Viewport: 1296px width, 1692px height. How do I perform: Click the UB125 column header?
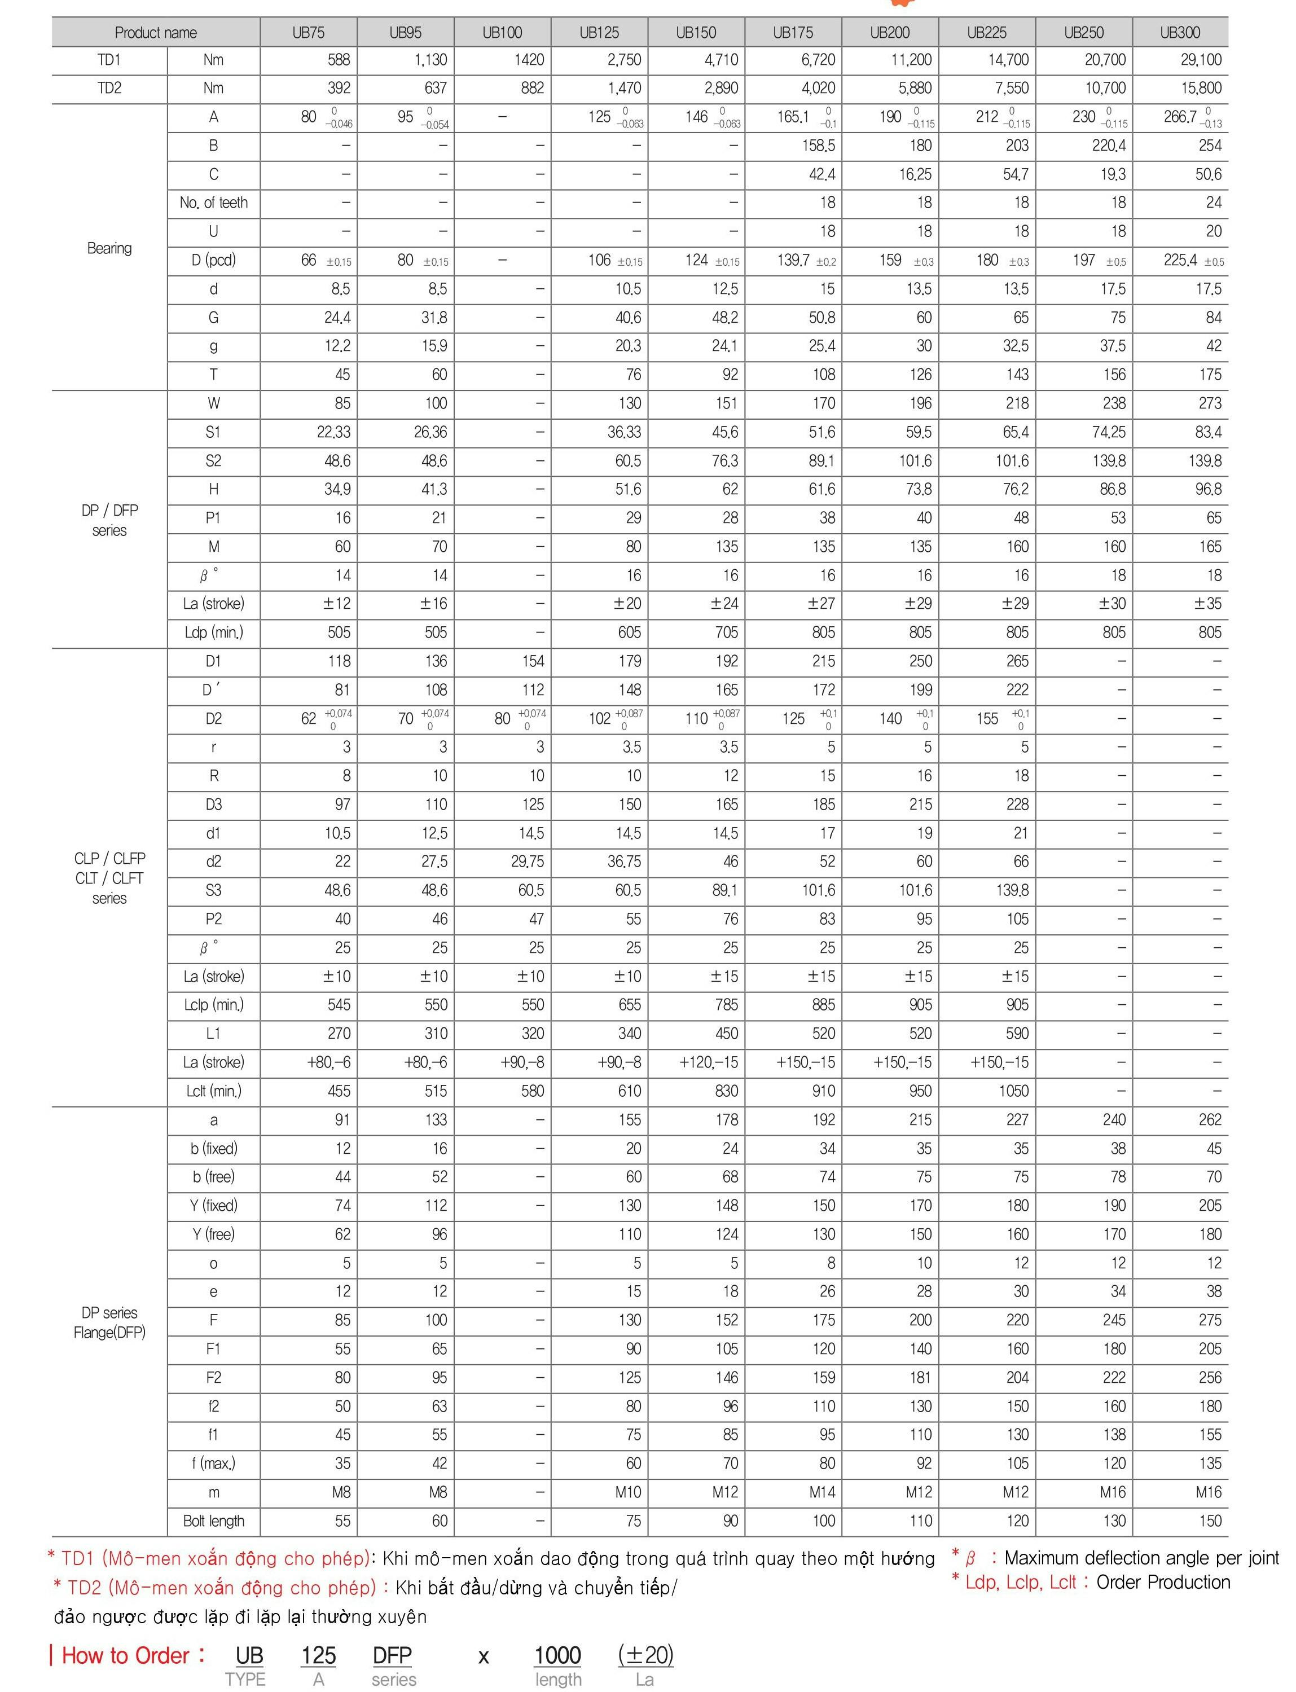[x=599, y=32]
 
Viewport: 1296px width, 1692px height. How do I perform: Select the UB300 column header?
[x=1180, y=32]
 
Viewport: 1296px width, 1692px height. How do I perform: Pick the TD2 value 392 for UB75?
[x=339, y=89]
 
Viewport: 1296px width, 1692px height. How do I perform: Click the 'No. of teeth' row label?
[x=214, y=203]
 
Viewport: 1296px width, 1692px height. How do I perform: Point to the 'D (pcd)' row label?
[x=214, y=260]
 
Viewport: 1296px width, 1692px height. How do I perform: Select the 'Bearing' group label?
[x=109, y=248]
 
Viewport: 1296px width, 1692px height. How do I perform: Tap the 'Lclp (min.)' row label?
[x=214, y=1005]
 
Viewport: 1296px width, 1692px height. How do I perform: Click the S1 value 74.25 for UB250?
[x=1109, y=432]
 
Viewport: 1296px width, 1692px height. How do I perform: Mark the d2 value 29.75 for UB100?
[x=527, y=862]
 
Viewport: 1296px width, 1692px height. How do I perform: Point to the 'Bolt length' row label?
[x=214, y=1521]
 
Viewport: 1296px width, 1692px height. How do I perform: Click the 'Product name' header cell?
[x=156, y=32]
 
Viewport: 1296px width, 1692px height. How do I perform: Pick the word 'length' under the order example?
[x=558, y=1680]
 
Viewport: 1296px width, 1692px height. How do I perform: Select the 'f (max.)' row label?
[x=214, y=1464]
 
